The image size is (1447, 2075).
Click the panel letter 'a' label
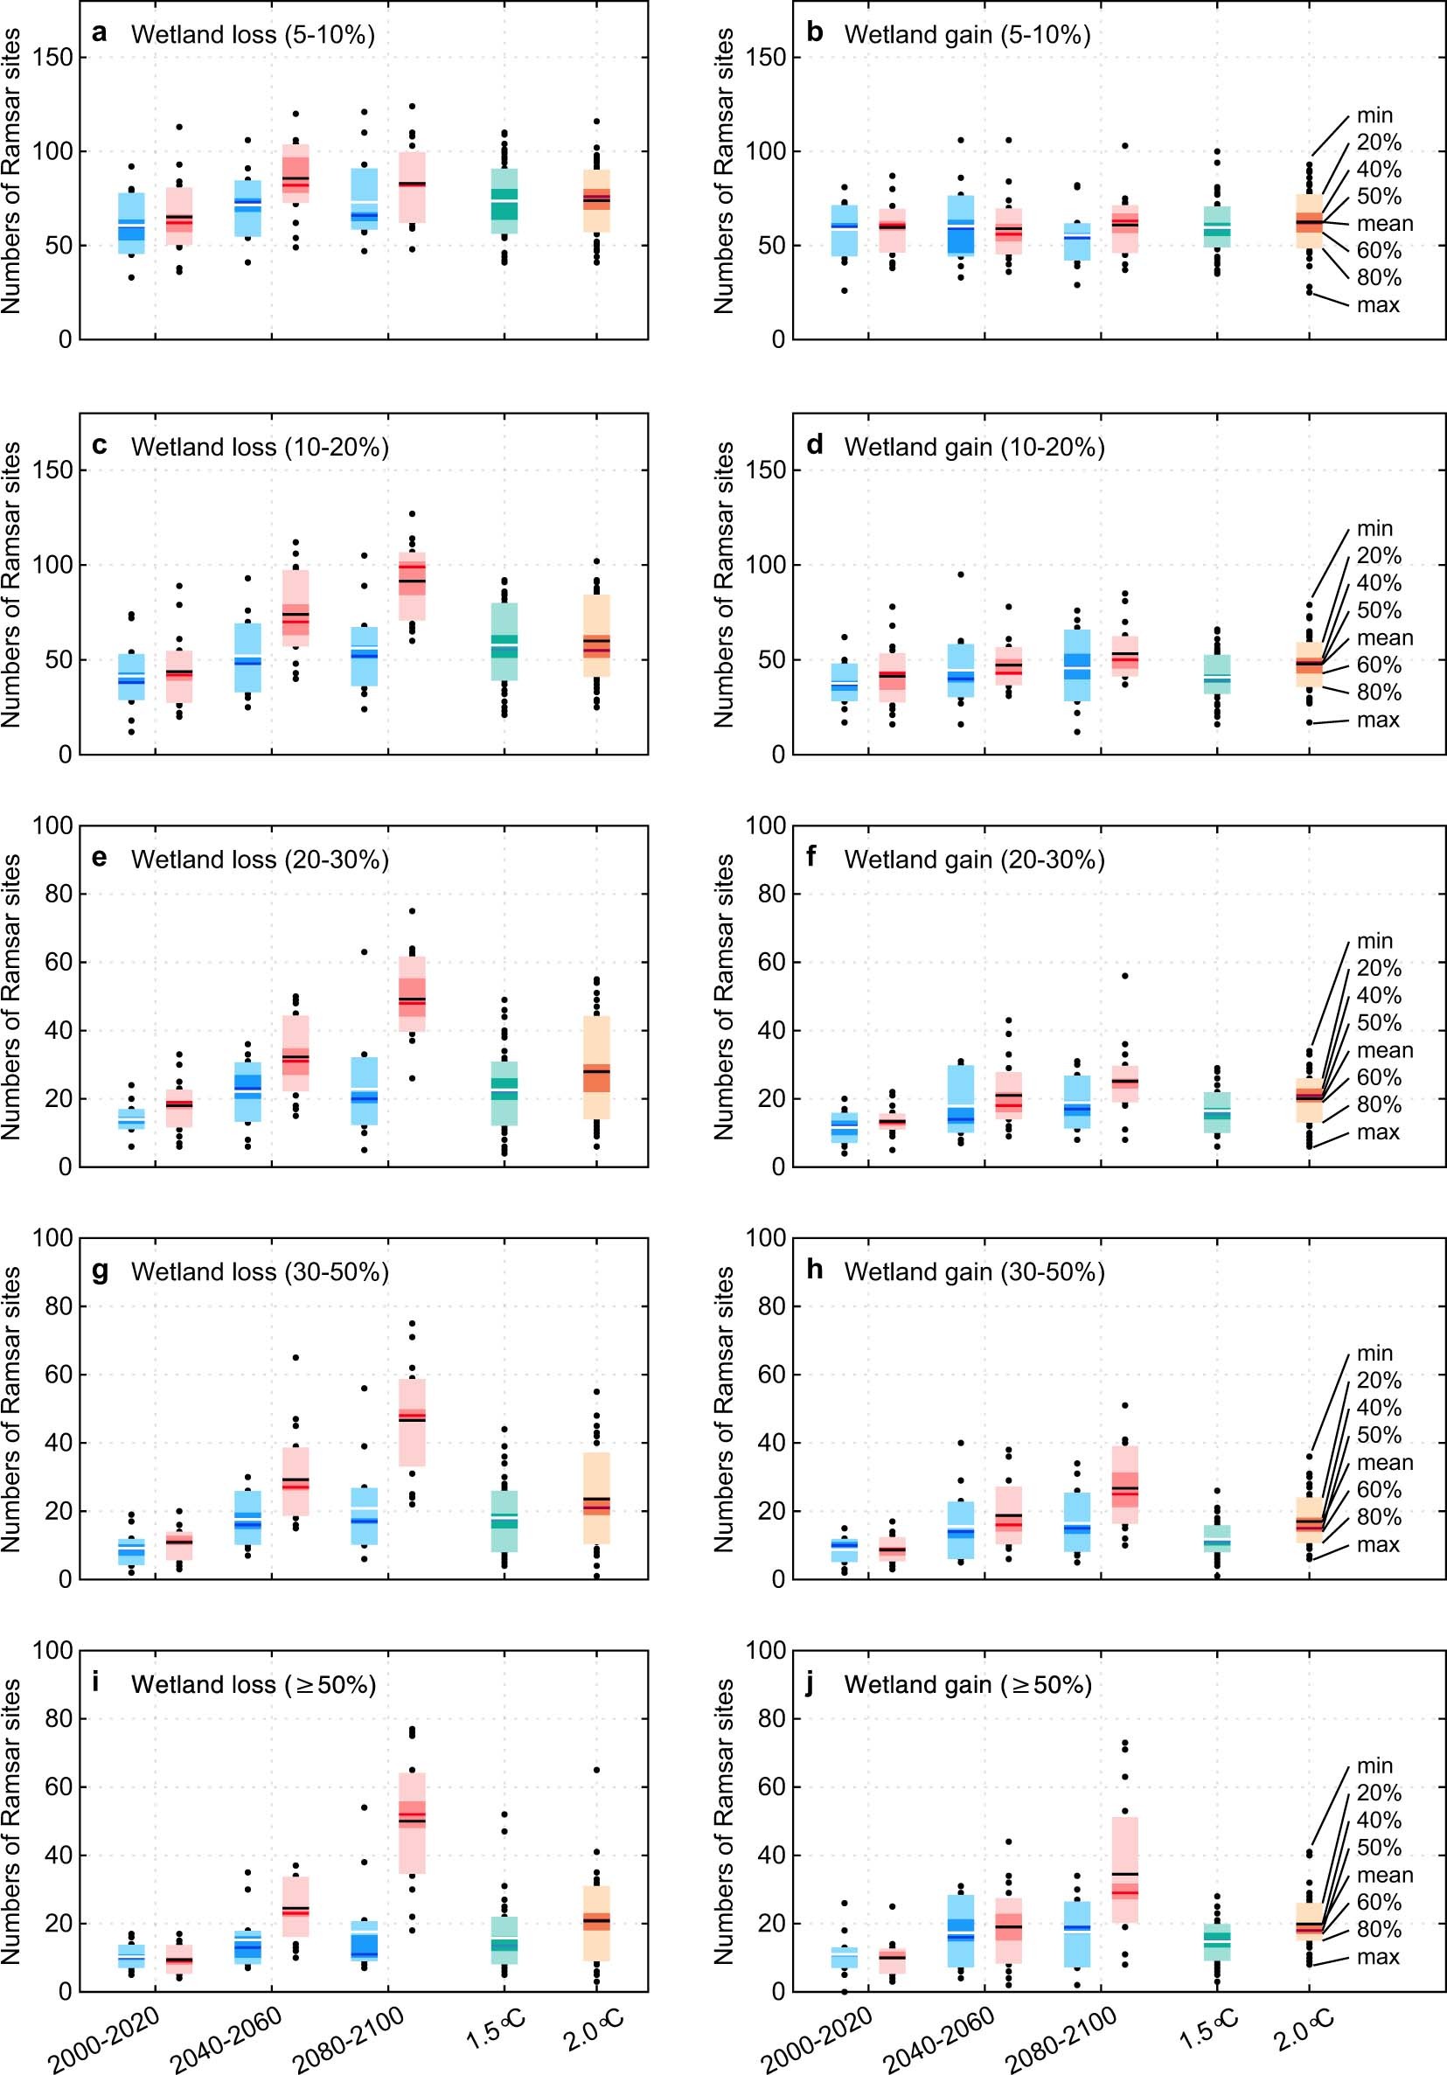click(100, 33)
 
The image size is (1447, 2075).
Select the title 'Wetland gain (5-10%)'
click(967, 34)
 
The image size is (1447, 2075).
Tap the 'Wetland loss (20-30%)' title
click(260, 859)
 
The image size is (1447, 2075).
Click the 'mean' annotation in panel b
click(1384, 223)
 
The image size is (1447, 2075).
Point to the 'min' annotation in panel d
click(1374, 528)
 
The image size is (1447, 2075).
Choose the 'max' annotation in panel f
click(1377, 1132)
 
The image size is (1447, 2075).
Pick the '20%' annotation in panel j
click(1378, 1793)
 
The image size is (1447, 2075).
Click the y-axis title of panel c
click(11, 584)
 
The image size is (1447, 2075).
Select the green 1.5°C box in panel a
click(504, 200)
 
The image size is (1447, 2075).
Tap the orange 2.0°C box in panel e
click(596, 1068)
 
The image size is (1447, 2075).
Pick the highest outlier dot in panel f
click(1124, 976)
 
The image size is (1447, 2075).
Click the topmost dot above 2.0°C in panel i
click(596, 1771)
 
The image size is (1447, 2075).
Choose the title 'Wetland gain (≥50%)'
click(967, 1685)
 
